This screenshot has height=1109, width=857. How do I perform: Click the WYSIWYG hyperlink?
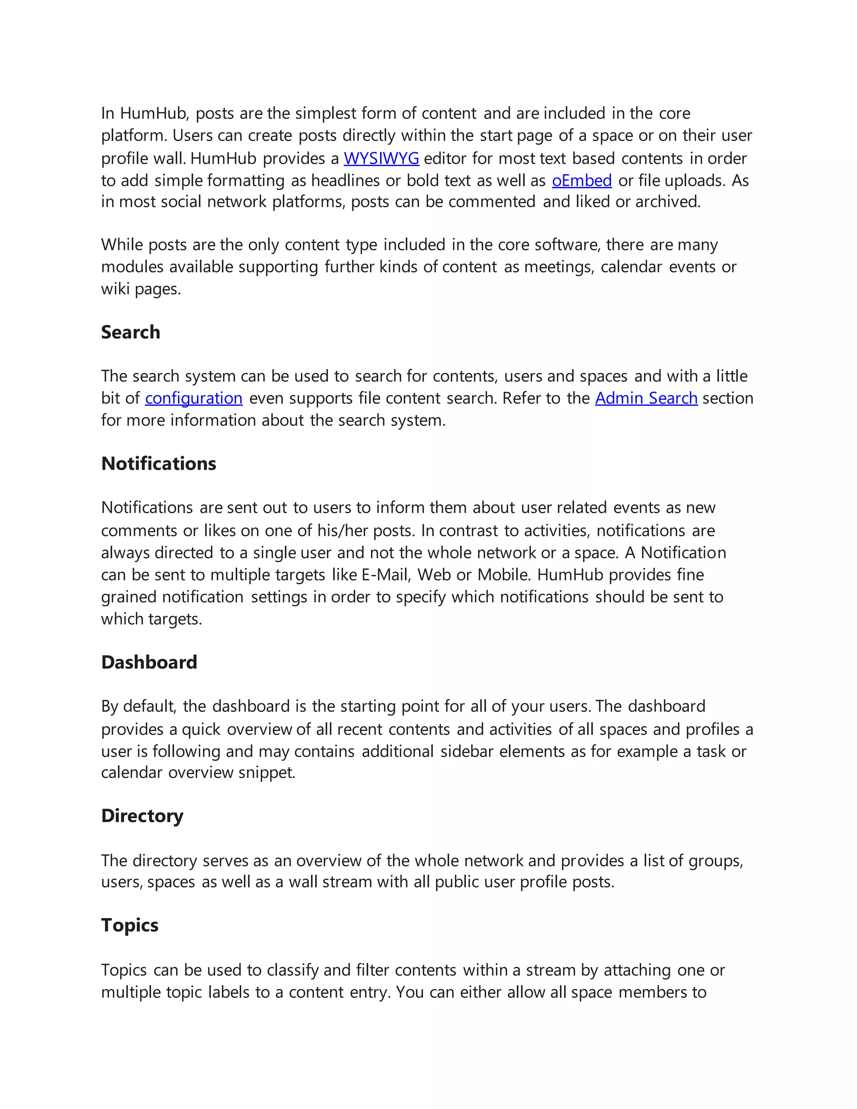coord(381,159)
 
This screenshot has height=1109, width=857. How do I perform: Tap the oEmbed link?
coord(582,181)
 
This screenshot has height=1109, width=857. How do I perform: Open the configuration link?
coord(193,398)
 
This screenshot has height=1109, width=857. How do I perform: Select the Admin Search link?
coord(646,398)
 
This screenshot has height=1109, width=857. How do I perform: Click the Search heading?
coord(131,332)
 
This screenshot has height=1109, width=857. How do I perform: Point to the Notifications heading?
coord(159,464)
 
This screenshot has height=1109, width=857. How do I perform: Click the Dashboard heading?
coord(149,662)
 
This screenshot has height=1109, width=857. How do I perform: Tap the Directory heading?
coord(142,816)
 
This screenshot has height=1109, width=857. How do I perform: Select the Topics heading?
coord(129,925)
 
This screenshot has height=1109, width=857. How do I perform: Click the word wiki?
coord(115,289)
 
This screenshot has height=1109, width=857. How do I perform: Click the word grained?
coord(128,597)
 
